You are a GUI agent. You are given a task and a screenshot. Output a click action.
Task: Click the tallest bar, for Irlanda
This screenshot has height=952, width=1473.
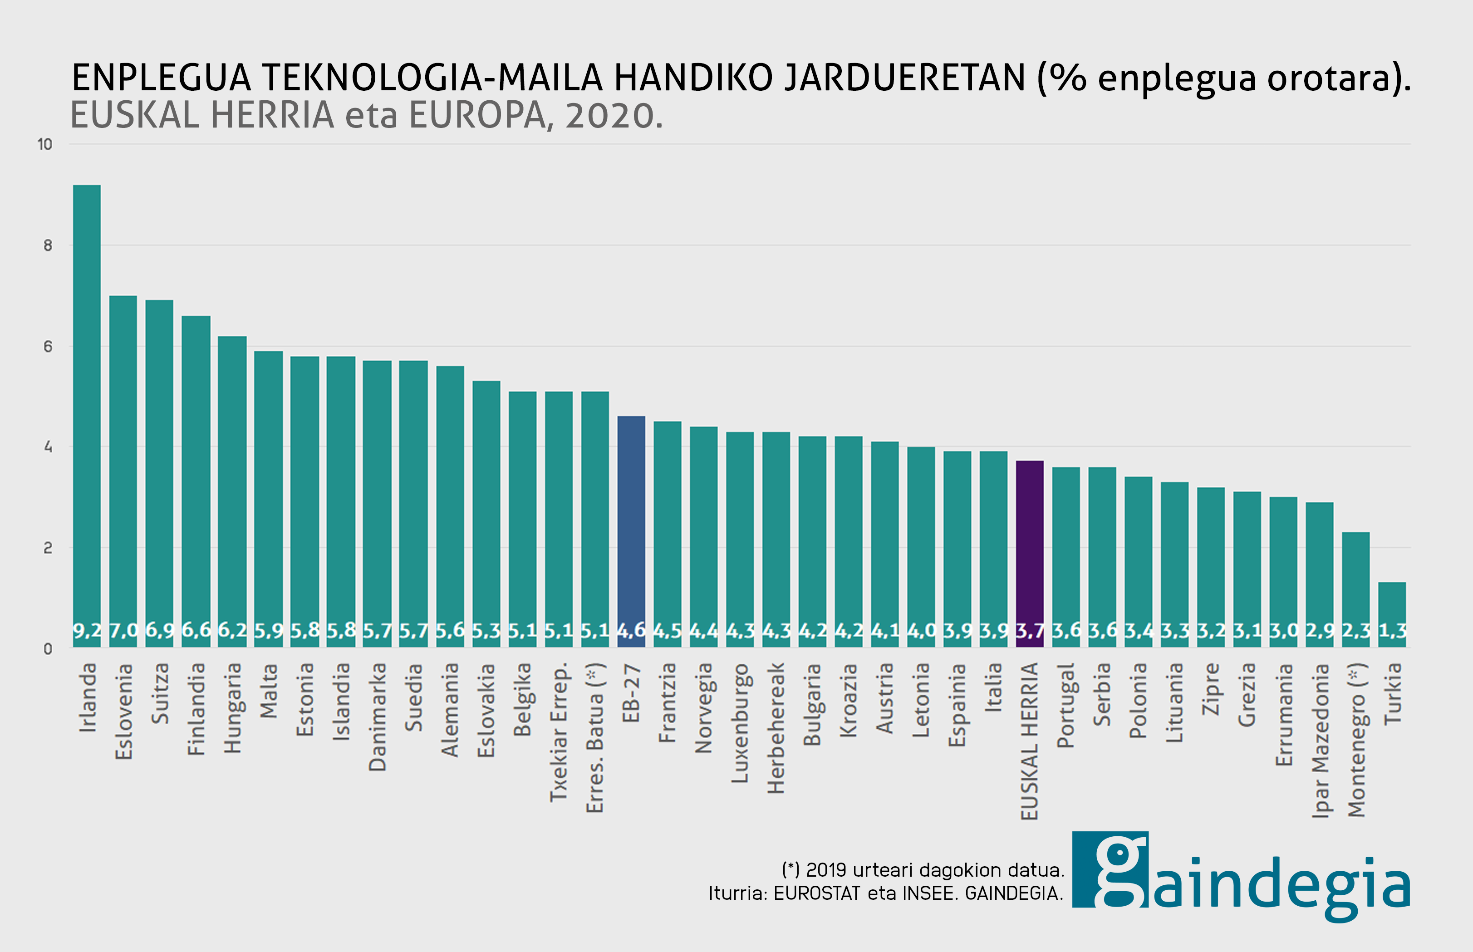click(87, 414)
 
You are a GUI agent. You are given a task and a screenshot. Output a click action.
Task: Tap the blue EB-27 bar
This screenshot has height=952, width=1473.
click(631, 532)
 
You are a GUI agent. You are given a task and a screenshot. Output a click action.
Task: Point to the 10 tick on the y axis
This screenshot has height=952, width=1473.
click(44, 145)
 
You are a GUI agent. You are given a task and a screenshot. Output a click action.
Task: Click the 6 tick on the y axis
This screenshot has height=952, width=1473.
click(48, 347)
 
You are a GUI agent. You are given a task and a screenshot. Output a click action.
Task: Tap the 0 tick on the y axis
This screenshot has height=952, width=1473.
click(48, 649)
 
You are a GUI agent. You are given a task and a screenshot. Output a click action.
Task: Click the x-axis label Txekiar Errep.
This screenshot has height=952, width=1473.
click(559, 732)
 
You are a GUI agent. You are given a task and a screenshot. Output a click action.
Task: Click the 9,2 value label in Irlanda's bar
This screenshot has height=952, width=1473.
click(87, 631)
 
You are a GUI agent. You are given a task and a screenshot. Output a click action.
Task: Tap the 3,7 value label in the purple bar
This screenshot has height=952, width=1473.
click(1030, 631)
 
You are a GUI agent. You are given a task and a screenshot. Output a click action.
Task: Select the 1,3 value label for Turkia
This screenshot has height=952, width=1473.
click(1393, 631)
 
